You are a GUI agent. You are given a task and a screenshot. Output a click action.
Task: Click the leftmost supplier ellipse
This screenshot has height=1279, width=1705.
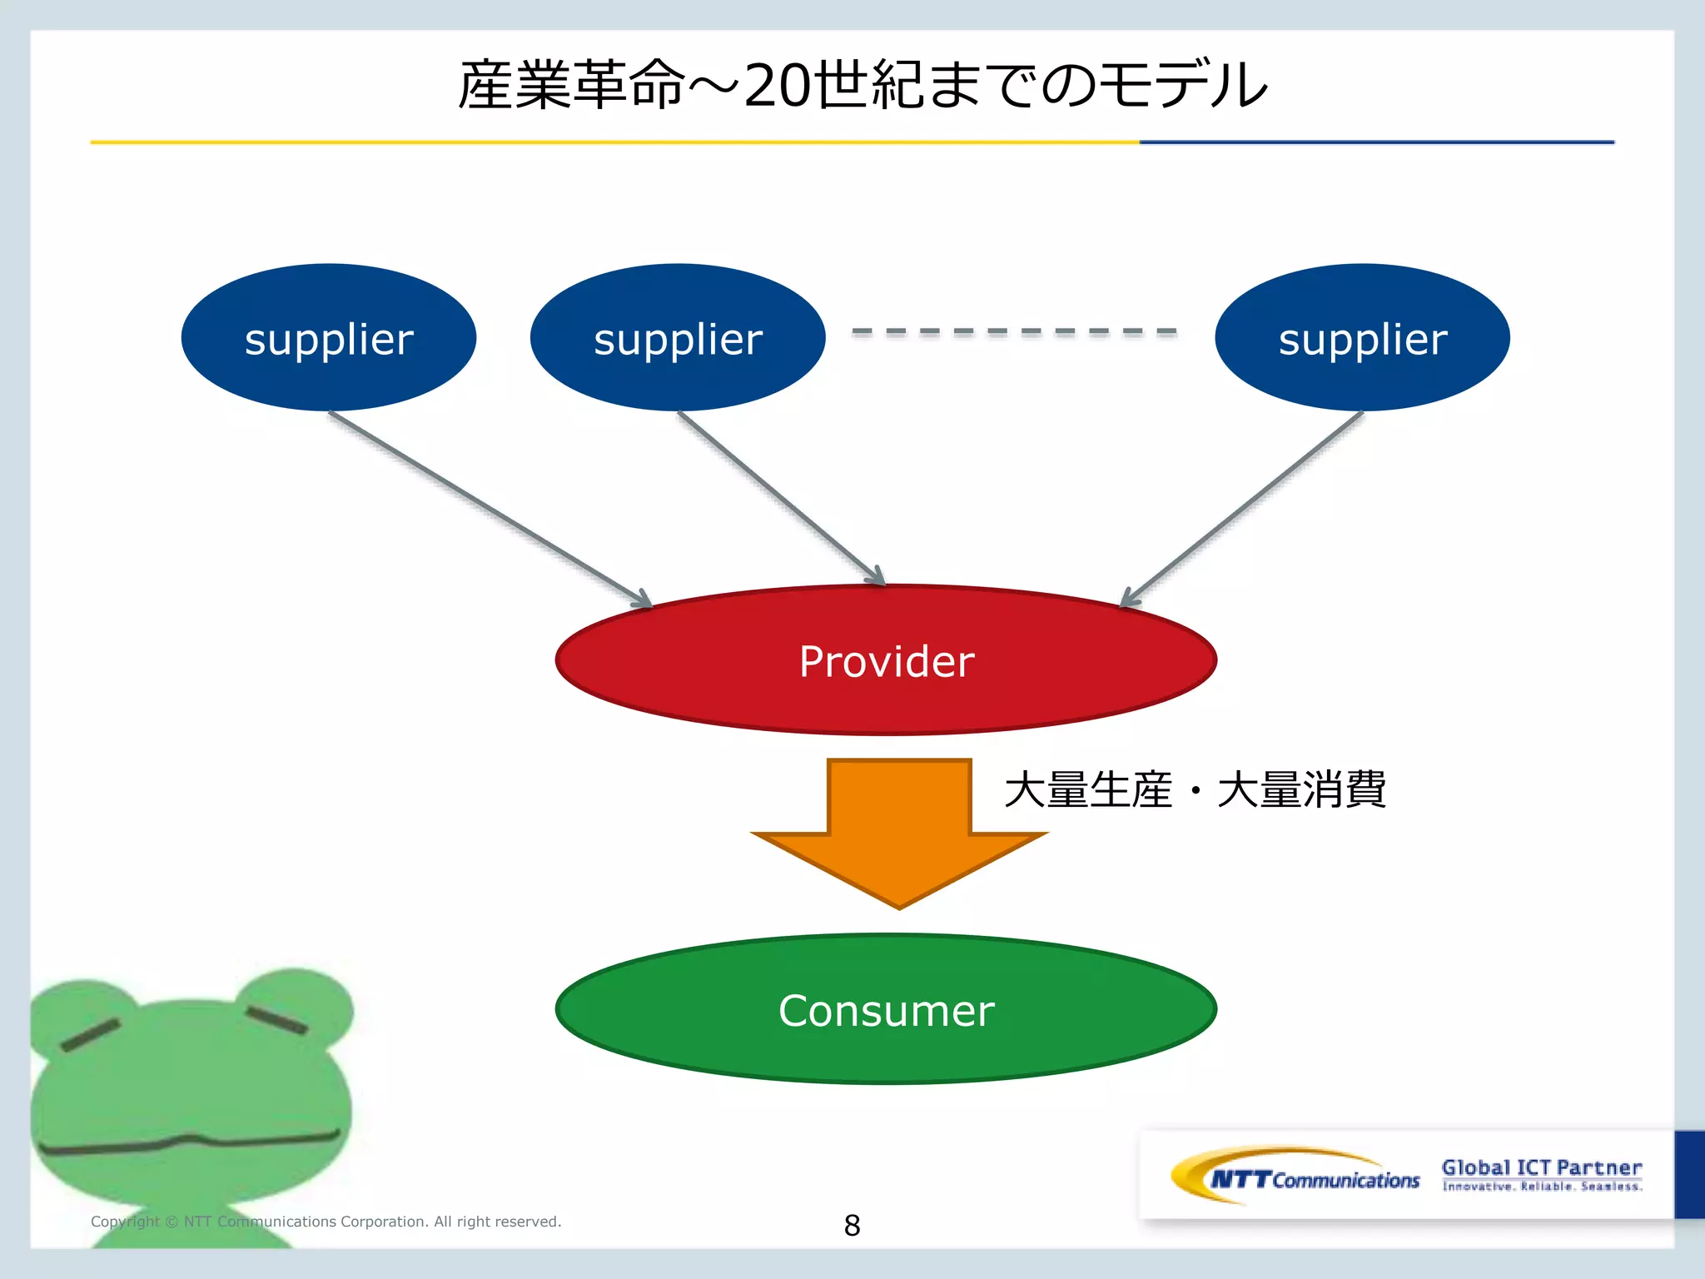pyautogui.click(x=328, y=337)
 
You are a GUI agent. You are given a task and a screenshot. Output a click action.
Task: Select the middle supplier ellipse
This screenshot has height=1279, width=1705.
pyautogui.click(x=677, y=337)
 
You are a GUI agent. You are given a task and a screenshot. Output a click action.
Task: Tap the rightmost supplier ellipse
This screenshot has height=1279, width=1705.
pyautogui.click(x=1362, y=337)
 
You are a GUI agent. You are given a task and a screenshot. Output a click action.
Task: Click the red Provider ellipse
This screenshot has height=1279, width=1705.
pyautogui.click(x=886, y=660)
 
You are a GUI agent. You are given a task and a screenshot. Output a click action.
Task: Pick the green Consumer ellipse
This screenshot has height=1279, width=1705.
pyautogui.click(x=886, y=1009)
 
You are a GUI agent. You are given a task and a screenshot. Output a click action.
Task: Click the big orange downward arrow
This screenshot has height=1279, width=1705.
pyautogui.click(x=899, y=841)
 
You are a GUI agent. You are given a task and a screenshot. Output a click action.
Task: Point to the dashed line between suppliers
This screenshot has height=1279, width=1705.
pyautogui.click(x=1014, y=331)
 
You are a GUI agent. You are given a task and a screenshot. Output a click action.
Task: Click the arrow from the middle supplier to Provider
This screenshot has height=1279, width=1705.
pyautogui.click(x=781, y=498)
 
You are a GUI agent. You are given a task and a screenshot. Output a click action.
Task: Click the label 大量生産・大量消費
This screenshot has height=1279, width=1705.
pyautogui.click(x=1194, y=789)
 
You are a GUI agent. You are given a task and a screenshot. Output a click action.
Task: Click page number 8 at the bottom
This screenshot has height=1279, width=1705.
pyautogui.click(x=852, y=1225)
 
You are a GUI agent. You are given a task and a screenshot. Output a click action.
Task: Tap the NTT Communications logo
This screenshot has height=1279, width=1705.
pyautogui.click(x=1295, y=1177)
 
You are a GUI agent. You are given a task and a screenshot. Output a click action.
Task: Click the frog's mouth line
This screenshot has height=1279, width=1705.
pyautogui.click(x=188, y=1142)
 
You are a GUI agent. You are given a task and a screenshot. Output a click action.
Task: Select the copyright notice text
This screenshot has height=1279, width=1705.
pyautogui.click(x=326, y=1222)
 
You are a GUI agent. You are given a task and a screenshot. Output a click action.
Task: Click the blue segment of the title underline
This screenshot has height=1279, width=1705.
pyautogui.click(x=1375, y=142)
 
